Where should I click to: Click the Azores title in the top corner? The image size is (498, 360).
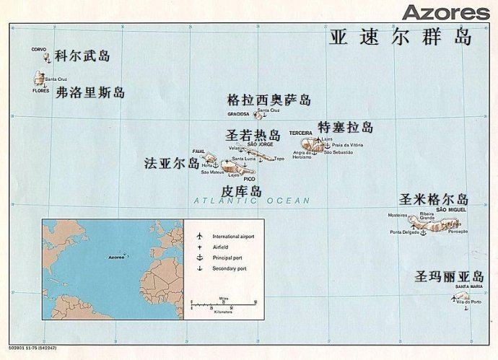point(445,12)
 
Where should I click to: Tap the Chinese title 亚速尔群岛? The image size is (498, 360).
point(401,37)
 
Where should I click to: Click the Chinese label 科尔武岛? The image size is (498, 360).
point(82,56)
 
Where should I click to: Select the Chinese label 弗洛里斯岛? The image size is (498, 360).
point(90,92)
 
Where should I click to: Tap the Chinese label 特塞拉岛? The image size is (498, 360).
point(346,128)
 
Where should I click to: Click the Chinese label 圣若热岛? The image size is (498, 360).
point(253,135)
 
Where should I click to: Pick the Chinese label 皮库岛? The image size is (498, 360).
point(241,191)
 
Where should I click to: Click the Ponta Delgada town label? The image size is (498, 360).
point(405,232)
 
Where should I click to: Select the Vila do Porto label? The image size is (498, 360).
point(468,301)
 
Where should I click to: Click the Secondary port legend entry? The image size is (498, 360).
point(232,268)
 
